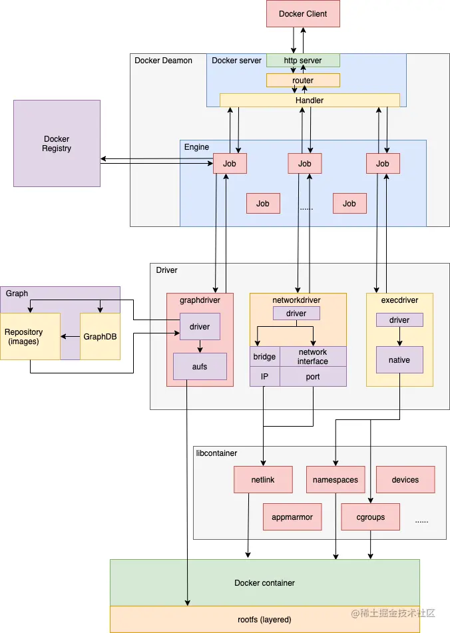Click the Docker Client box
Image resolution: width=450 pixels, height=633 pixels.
pos(303,14)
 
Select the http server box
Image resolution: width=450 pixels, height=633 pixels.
pos(303,61)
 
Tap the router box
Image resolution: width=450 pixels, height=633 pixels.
pos(303,81)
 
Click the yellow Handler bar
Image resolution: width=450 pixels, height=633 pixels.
pos(310,101)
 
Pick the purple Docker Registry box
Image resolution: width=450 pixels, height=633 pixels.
pos(57,144)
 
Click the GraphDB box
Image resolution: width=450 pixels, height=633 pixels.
pos(100,336)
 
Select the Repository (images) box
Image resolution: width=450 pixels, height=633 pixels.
pos(30,336)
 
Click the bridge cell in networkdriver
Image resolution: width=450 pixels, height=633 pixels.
pos(264,357)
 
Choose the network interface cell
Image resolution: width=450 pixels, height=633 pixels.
pos(313,357)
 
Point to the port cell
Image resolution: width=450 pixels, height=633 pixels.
pos(313,377)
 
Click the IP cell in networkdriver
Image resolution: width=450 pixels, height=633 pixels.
pos(264,377)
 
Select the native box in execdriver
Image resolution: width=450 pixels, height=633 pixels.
pos(399,360)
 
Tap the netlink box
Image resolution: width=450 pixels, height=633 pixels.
pos(264,480)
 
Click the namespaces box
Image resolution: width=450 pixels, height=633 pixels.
pos(336,480)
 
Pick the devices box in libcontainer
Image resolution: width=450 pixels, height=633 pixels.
pos(405,480)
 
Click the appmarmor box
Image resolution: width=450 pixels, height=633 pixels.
pos(292,517)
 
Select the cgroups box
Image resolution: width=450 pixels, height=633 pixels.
pos(370,517)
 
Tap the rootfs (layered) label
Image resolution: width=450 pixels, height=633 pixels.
pos(264,620)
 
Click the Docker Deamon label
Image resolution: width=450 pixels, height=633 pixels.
pos(163,61)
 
